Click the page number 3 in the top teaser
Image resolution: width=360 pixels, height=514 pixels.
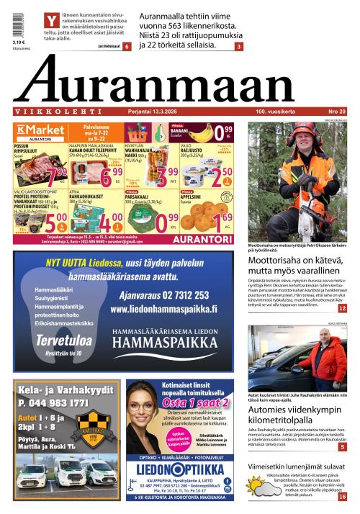point(238,47)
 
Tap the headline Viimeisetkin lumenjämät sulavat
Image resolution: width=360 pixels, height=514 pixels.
point(297,466)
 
